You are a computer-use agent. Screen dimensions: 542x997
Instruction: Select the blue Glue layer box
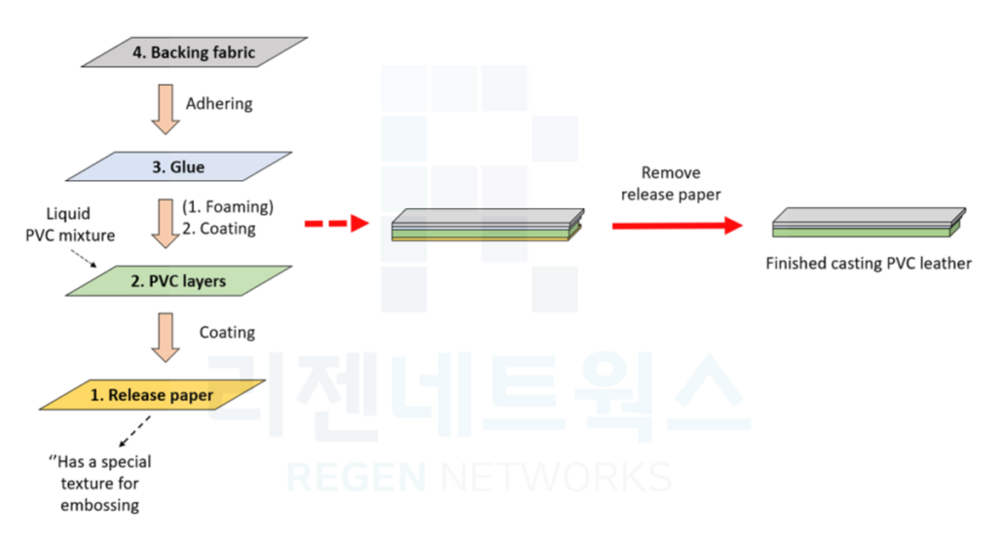180,166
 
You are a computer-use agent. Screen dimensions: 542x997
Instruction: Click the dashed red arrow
336,224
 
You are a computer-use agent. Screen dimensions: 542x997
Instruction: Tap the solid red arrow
677,225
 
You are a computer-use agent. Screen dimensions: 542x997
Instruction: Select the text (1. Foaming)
228,207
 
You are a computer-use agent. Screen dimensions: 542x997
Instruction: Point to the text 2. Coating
219,229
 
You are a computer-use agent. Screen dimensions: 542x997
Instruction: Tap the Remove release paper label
671,183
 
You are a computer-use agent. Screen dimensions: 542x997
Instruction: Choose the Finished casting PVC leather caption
868,263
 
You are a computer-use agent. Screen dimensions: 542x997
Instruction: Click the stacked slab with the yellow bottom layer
487,225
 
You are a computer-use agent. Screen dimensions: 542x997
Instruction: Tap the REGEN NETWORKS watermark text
477,478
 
